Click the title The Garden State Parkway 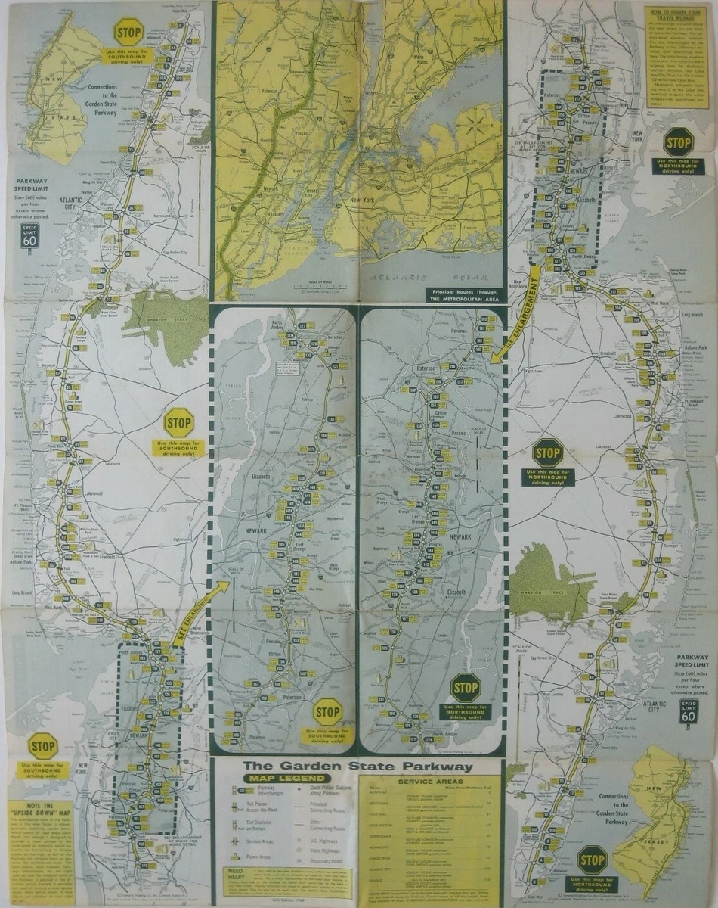coord(357,767)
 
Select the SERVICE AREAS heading coord(429,781)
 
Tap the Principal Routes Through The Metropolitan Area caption coord(463,294)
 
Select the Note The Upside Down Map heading coord(41,813)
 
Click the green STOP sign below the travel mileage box coord(678,142)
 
